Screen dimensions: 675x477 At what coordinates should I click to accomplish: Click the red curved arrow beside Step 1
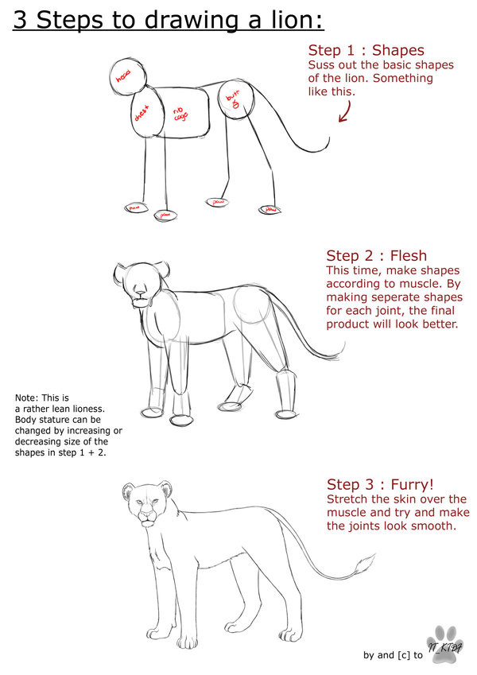click(x=346, y=111)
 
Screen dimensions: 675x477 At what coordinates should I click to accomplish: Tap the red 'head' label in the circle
click(x=123, y=77)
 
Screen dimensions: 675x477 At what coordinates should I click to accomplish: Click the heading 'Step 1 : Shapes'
click(x=366, y=50)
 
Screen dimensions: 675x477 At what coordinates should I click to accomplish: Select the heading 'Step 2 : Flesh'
click(x=376, y=255)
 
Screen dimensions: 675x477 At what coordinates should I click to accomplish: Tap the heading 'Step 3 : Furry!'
click(x=382, y=484)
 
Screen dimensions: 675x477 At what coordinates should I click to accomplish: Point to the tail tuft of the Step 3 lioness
click(x=363, y=567)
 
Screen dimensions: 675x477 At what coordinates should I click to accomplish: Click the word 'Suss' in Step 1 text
click(x=323, y=64)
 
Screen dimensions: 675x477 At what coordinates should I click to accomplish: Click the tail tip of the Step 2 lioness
click(x=343, y=347)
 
